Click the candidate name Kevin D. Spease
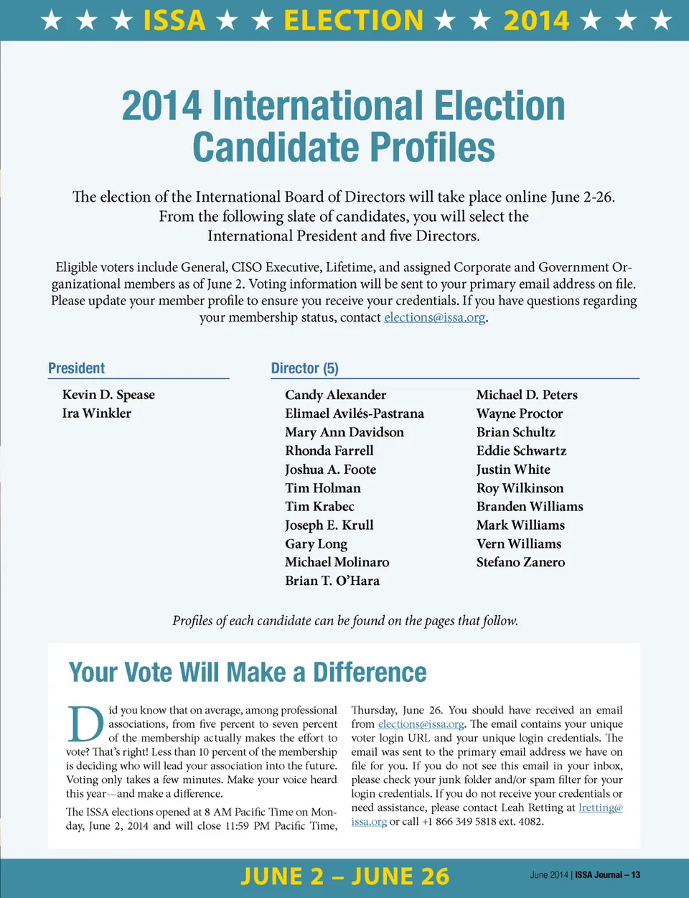coord(108,395)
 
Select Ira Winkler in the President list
coord(97,413)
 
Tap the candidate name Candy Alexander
coord(335,395)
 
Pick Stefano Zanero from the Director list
coord(520,562)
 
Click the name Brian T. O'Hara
coord(332,581)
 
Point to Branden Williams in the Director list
coord(530,506)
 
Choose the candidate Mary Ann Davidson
coord(344,432)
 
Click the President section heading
coord(76,368)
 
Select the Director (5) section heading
coord(304,368)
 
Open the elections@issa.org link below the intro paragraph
coord(435,317)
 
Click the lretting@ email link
coord(601,808)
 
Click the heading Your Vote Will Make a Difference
coord(248,673)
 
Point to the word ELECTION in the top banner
coord(353,20)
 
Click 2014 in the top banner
coord(536,20)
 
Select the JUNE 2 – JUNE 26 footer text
coord(344,876)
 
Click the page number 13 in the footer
coord(636,875)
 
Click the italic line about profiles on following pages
coord(345,621)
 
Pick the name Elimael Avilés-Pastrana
coord(355,413)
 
